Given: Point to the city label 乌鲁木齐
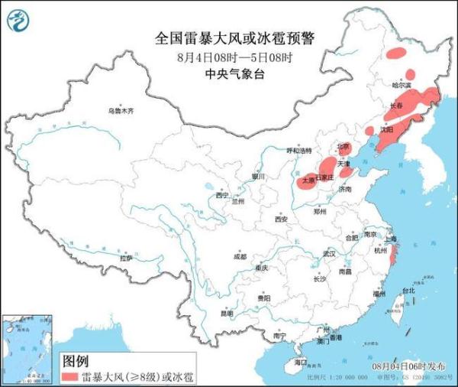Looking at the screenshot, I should pos(120,111).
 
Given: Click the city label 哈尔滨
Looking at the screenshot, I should pos(401,84).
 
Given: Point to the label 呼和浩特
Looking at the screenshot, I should pos(299,151).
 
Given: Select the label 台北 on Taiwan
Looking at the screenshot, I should pos(408,291).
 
